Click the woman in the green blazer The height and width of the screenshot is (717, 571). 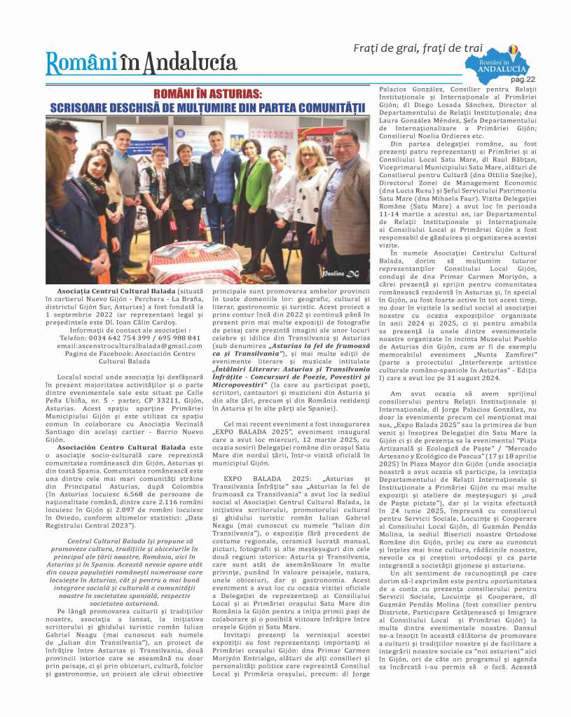pos(250,203)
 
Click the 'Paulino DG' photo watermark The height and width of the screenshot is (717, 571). pos(339,274)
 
